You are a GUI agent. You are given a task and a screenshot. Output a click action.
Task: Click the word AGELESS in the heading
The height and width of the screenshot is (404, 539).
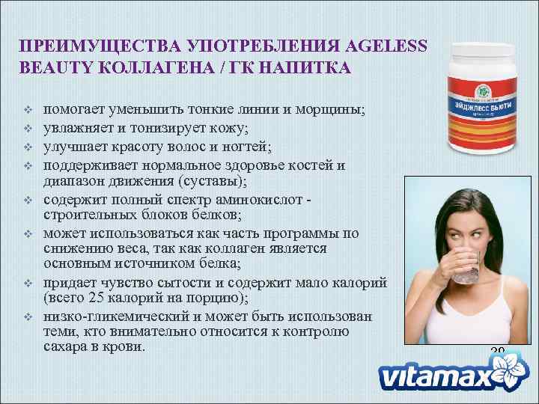click(x=381, y=46)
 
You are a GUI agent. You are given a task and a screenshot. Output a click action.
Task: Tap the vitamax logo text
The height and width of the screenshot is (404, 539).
click(x=434, y=378)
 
